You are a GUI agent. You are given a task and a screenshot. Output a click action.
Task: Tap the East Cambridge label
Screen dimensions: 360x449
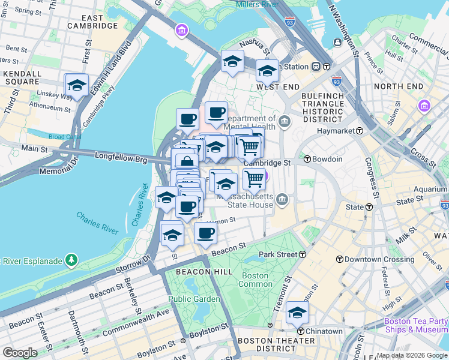pyautogui.click(x=92, y=22)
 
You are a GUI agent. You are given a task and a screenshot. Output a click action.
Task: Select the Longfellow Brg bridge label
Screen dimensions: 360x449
pyautogui.click(x=121, y=156)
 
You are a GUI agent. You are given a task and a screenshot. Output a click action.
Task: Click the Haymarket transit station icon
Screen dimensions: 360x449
pyautogui.click(x=360, y=131)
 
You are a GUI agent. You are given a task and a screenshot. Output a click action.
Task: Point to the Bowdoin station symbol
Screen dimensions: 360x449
pyautogui.click(x=307, y=159)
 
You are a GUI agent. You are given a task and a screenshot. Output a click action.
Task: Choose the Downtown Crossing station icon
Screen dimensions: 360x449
pyautogui.click(x=340, y=259)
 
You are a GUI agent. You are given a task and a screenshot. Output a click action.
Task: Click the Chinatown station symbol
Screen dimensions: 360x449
pyautogui.click(x=300, y=331)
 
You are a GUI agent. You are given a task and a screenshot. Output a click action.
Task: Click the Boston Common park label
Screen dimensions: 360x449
pyautogui.click(x=255, y=280)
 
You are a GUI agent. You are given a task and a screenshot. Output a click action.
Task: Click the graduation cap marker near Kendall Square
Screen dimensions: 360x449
pyautogui.click(x=77, y=85)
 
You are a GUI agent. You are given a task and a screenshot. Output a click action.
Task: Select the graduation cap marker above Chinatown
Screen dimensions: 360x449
pyautogui.click(x=297, y=312)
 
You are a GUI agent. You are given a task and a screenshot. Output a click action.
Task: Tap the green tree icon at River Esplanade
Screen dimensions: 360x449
pyautogui.click(x=71, y=260)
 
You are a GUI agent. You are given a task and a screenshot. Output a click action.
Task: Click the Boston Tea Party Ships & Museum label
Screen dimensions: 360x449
pyautogui.click(x=415, y=325)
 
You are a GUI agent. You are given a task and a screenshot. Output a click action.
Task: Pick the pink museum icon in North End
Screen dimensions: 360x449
pyautogui.click(x=425, y=106)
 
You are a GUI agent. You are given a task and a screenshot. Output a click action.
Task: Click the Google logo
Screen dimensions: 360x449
pyautogui.click(x=20, y=353)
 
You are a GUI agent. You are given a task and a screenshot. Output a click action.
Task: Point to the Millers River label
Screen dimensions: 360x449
pyautogui.click(x=257, y=5)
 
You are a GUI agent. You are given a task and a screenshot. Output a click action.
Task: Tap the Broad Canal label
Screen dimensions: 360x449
pyautogui.click(x=65, y=136)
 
